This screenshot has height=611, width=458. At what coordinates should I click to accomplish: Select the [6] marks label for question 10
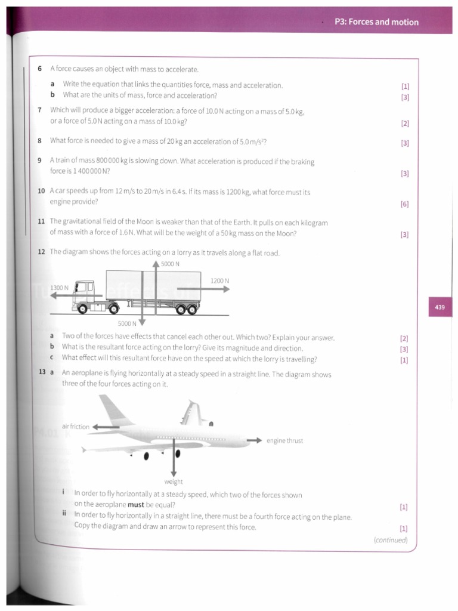pos(405,204)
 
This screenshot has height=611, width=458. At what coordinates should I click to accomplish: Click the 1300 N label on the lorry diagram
pos(59,288)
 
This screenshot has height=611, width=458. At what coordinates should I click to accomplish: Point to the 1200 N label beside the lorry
pos(219,280)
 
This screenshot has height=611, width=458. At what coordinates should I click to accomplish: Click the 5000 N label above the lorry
pos(170,264)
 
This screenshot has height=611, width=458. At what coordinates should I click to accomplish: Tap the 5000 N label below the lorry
pos(127,323)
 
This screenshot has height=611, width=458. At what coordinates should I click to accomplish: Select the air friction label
pos(75,427)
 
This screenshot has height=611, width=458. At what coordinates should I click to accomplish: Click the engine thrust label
pos(284,441)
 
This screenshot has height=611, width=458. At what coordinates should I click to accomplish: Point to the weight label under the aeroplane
pos(174,482)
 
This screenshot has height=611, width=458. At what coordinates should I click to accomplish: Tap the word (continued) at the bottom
pos(391,540)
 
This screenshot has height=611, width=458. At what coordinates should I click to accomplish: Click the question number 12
pos(41,252)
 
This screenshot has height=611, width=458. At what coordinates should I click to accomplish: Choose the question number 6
pos(40,69)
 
